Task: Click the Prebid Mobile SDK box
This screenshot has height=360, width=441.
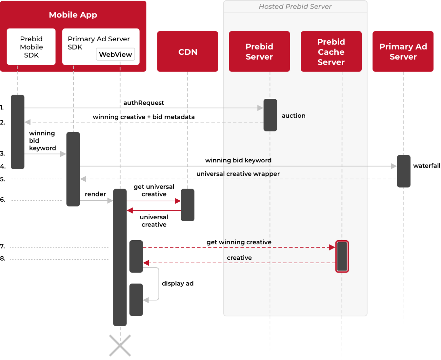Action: coord(31,47)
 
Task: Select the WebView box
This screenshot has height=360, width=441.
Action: coord(115,54)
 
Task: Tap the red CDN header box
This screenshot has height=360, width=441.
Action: coord(187,52)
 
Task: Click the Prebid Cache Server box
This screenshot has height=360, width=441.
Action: coord(331,52)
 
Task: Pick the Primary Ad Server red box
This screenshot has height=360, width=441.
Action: coord(403,52)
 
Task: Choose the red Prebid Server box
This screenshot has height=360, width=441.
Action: coord(259,52)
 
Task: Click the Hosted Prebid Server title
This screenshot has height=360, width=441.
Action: coord(295,7)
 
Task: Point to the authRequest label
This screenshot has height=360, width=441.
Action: coord(144,103)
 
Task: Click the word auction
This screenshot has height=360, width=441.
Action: coord(294,116)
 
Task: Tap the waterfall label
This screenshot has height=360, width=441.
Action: coord(427,166)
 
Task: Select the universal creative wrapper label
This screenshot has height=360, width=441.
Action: coord(238,174)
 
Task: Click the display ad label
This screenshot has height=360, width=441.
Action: coord(177,283)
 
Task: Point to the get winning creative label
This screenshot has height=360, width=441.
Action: coord(239,242)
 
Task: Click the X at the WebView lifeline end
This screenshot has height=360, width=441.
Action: coord(120,345)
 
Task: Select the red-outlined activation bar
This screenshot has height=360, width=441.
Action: coord(342,256)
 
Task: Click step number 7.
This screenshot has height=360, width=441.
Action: coord(2,246)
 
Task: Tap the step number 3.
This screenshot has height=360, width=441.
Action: coord(2,153)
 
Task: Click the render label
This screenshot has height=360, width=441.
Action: coord(95,194)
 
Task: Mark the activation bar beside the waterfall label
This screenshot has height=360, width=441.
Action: coord(403,171)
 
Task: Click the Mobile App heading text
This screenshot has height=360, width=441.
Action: coord(73,15)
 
